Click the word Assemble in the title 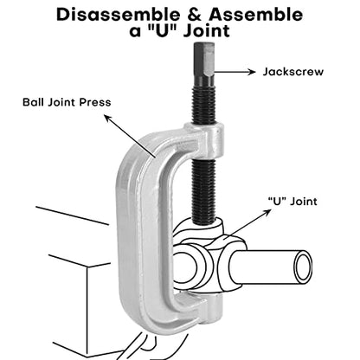pos(256,14)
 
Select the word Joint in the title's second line pos(207,30)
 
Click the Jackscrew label pos(293,72)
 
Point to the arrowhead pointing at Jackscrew pos(252,72)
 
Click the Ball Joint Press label pos(67,102)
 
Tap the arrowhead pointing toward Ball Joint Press pos(108,119)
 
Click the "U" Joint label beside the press pos(292,202)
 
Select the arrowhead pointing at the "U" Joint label pos(267,212)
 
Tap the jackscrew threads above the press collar pos(204,105)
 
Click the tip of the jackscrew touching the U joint pos(203,222)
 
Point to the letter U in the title pos(163,30)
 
